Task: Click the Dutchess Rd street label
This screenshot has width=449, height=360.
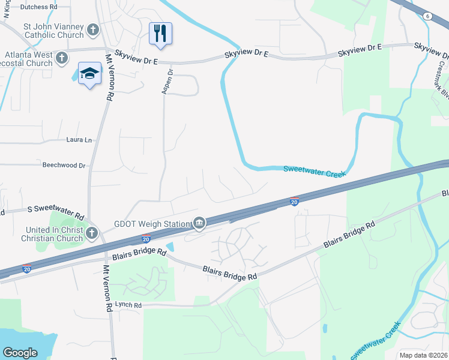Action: click(38, 7)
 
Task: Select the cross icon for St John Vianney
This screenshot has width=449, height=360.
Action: click(93, 29)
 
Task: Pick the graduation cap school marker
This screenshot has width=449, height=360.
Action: click(89, 73)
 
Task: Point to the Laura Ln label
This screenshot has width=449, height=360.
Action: click(79, 140)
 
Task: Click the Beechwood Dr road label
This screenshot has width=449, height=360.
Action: click(64, 164)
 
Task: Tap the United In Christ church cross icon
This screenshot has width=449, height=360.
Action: click(92, 233)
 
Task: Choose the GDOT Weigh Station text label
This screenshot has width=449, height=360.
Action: click(152, 224)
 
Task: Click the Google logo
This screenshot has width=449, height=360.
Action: click(20, 353)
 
